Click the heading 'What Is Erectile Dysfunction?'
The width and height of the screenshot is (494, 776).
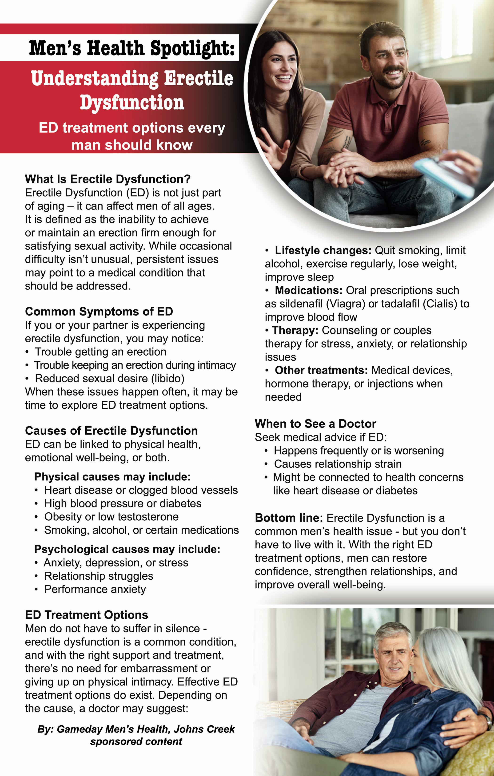pos(108,179)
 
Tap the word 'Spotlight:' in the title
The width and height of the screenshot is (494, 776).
pos(192,48)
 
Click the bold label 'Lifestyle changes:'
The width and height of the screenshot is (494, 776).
pos(323,250)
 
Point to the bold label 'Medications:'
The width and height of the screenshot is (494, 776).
pos(308,290)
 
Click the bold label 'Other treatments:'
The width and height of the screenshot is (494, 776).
pos(321,370)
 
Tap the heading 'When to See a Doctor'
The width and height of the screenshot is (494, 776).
pos(315,424)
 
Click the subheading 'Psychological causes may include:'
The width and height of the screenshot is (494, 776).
pos(127,549)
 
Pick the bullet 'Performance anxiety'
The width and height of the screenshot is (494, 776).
pos(95,589)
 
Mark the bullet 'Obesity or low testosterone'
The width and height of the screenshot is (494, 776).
pos(111,517)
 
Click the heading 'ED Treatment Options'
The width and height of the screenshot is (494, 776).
pos(86,615)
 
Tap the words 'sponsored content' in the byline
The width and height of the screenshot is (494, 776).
pos(136,741)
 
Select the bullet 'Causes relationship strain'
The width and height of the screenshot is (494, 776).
pos(338,464)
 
